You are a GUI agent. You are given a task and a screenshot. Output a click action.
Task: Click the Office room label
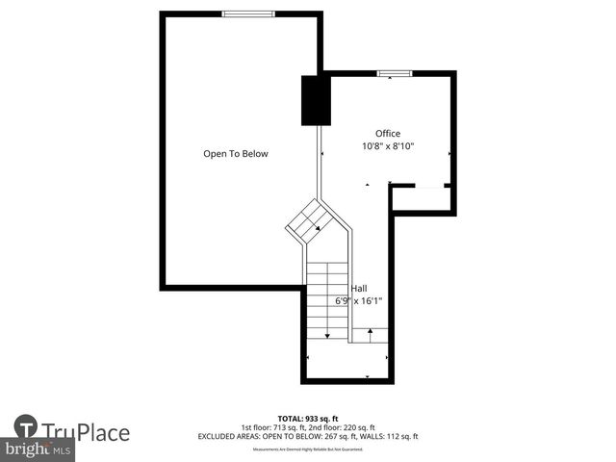pos(388,134)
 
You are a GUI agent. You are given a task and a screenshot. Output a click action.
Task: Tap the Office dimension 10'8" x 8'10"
pos(388,146)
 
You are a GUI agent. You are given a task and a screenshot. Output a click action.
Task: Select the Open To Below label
pos(236,154)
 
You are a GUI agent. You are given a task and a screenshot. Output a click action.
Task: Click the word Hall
pos(358,288)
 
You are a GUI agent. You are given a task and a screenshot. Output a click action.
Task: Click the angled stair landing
pos(310,222)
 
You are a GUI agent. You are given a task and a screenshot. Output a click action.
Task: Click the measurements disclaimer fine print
pos(308,449)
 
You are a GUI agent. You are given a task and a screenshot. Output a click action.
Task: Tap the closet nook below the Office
pos(422,198)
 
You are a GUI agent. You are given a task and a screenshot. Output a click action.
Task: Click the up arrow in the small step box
pos(370,334)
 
